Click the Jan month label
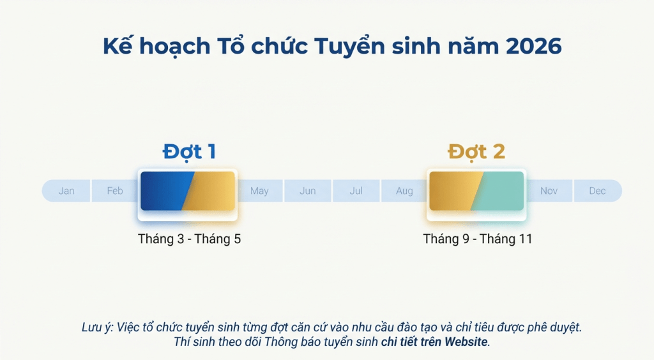point(66,191)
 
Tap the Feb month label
point(115,191)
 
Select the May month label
point(259,191)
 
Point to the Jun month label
point(307,191)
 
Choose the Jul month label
point(356,191)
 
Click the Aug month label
point(404,191)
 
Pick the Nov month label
point(549,191)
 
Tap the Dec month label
point(597,191)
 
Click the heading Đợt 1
point(189,152)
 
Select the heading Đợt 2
point(476,152)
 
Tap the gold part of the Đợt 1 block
point(212,191)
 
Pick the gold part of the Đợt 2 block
point(453,191)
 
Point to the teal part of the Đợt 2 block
point(500,191)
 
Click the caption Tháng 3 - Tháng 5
point(189,239)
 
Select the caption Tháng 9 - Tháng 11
point(478,239)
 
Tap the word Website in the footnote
point(466,342)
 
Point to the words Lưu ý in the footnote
point(97,327)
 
